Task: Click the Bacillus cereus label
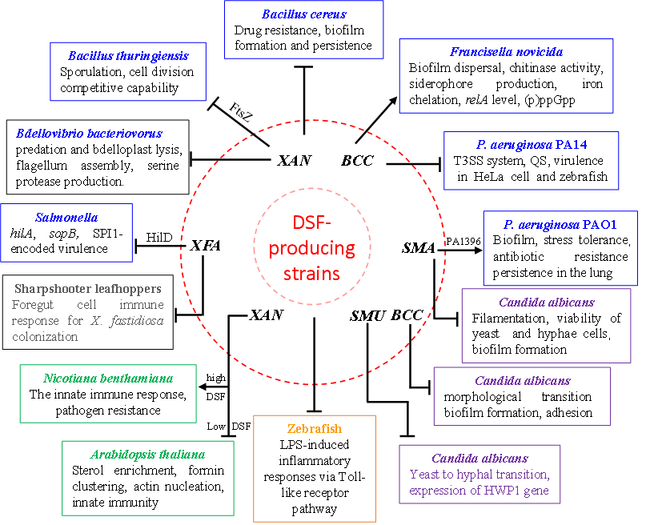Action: pos(304,14)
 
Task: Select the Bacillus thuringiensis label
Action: pos(128,57)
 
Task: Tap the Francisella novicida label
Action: pos(506,52)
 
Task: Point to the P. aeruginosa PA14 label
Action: pos(531,146)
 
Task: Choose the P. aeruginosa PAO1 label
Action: pos(560,225)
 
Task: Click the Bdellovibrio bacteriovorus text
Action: pos(89,134)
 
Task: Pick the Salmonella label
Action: pos(66,218)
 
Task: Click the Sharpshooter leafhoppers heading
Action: pos(87,289)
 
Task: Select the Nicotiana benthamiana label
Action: pos(108,379)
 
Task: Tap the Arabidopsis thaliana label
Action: pos(147,455)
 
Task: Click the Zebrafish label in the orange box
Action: pos(314,429)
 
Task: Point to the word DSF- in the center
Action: pos(311,223)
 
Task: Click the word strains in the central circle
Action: pos(311,274)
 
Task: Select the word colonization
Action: pos(45,337)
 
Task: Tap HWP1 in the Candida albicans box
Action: pos(491,491)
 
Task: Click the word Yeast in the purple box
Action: pos(424,475)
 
